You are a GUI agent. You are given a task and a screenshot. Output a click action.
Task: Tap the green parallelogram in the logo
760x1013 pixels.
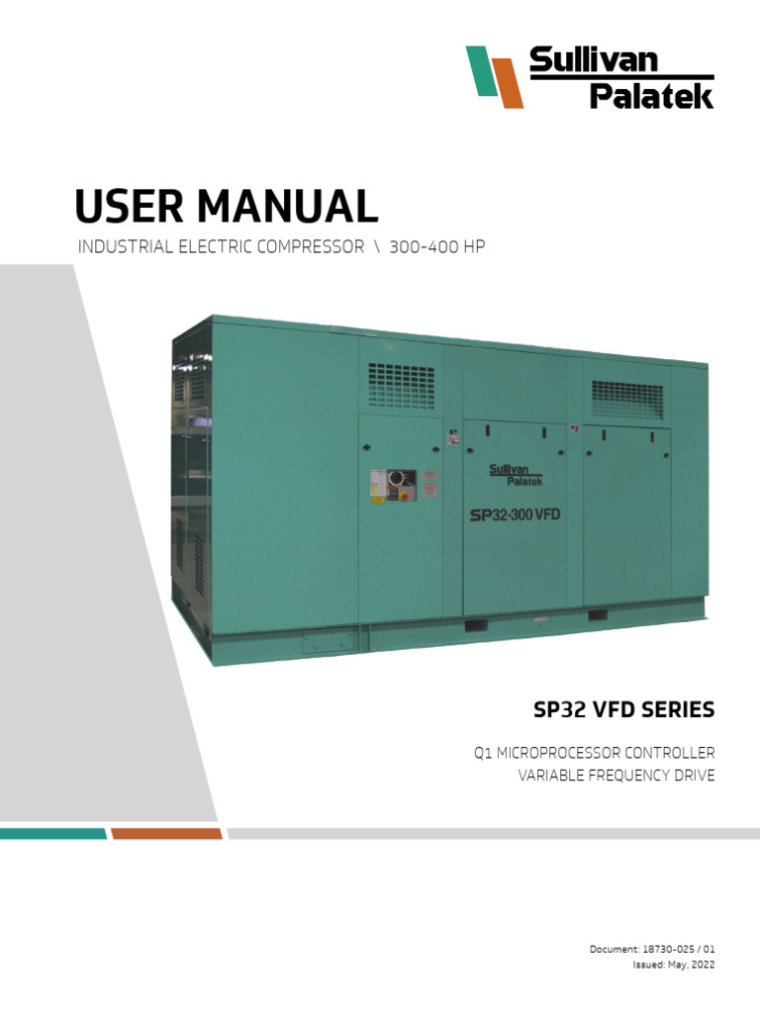point(481,71)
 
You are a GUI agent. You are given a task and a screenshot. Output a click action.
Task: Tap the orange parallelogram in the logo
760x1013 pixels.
point(509,83)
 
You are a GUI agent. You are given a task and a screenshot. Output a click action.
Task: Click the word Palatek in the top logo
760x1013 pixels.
point(651,96)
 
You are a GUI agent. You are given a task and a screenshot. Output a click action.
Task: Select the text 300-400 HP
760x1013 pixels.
point(436,247)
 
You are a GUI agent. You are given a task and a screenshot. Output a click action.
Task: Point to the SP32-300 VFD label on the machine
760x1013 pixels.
point(511,515)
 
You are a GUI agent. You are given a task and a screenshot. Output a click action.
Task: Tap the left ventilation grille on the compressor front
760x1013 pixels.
point(401,385)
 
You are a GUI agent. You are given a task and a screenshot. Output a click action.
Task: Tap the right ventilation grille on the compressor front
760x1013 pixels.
point(627,399)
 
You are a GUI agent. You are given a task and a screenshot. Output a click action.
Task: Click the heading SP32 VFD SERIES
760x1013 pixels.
point(623,710)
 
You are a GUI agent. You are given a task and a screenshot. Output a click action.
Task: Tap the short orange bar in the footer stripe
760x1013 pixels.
point(166,834)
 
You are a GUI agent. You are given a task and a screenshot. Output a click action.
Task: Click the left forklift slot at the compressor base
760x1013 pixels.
point(475,624)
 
